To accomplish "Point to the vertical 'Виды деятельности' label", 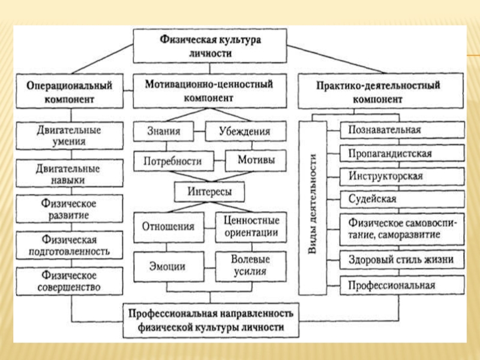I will (x=313, y=208).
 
